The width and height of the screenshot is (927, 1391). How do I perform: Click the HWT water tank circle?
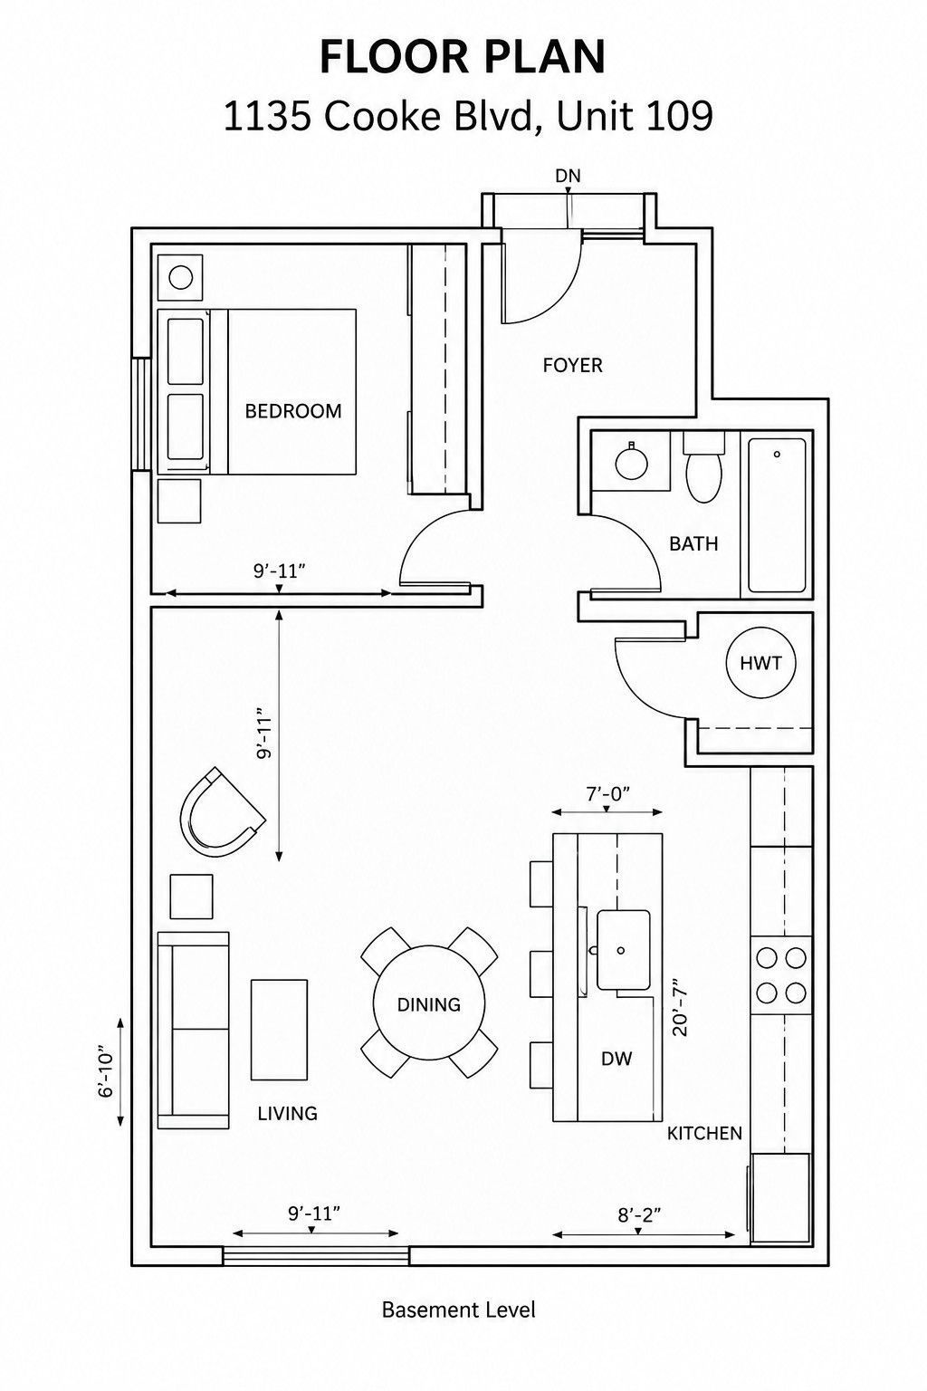[760, 663]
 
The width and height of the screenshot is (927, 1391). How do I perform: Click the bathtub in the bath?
[777, 515]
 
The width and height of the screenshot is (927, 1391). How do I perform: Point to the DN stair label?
[568, 177]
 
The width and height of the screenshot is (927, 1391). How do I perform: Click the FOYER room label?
[572, 365]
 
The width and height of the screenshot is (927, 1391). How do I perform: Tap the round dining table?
[429, 1004]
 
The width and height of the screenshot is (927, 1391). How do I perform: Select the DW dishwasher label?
[616, 1059]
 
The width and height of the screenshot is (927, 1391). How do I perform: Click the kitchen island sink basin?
[624, 950]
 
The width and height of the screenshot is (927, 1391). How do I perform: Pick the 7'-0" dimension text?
[608, 793]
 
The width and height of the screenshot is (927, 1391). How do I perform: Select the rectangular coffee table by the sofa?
[279, 1030]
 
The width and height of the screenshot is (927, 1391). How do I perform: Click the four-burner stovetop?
[781, 975]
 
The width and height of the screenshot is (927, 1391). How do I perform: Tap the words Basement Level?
[458, 1310]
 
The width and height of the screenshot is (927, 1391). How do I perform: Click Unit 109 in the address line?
[634, 116]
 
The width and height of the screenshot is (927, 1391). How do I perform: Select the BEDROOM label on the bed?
[293, 411]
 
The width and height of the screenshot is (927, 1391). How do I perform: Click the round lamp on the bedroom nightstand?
[181, 277]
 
